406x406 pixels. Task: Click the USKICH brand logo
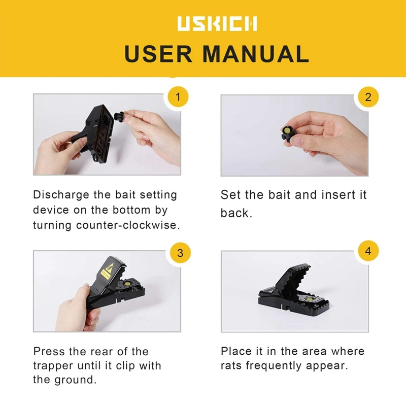tap(217, 23)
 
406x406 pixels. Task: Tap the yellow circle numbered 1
tap(177, 96)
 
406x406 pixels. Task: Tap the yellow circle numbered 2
tap(368, 96)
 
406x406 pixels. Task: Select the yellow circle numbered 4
tap(368, 252)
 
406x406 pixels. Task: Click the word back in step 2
tap(236, 213)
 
